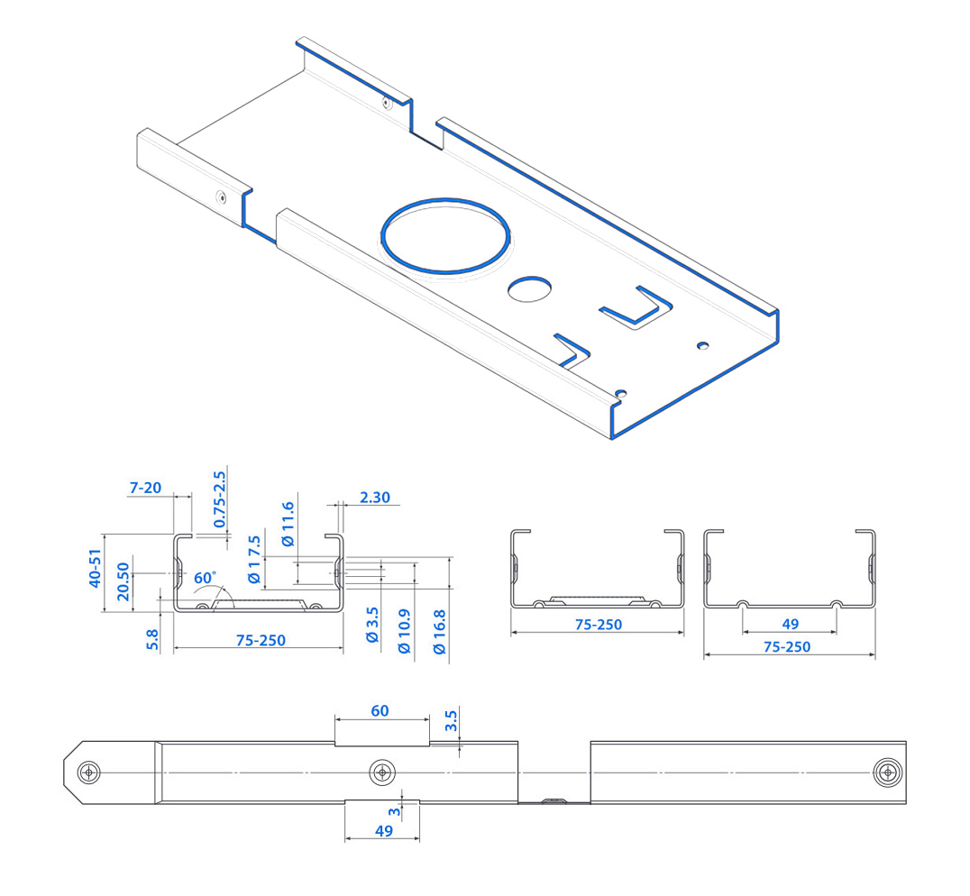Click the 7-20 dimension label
[145, 488]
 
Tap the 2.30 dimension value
[373, 498]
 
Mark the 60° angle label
[205, 577]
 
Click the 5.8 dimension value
[152, 639]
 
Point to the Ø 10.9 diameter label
[405, 631]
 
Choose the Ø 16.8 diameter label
[440, 631]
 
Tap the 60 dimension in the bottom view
[380, 711]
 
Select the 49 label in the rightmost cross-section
[791, 624]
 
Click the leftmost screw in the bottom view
[89, 773]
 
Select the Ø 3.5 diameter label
[371, 632]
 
